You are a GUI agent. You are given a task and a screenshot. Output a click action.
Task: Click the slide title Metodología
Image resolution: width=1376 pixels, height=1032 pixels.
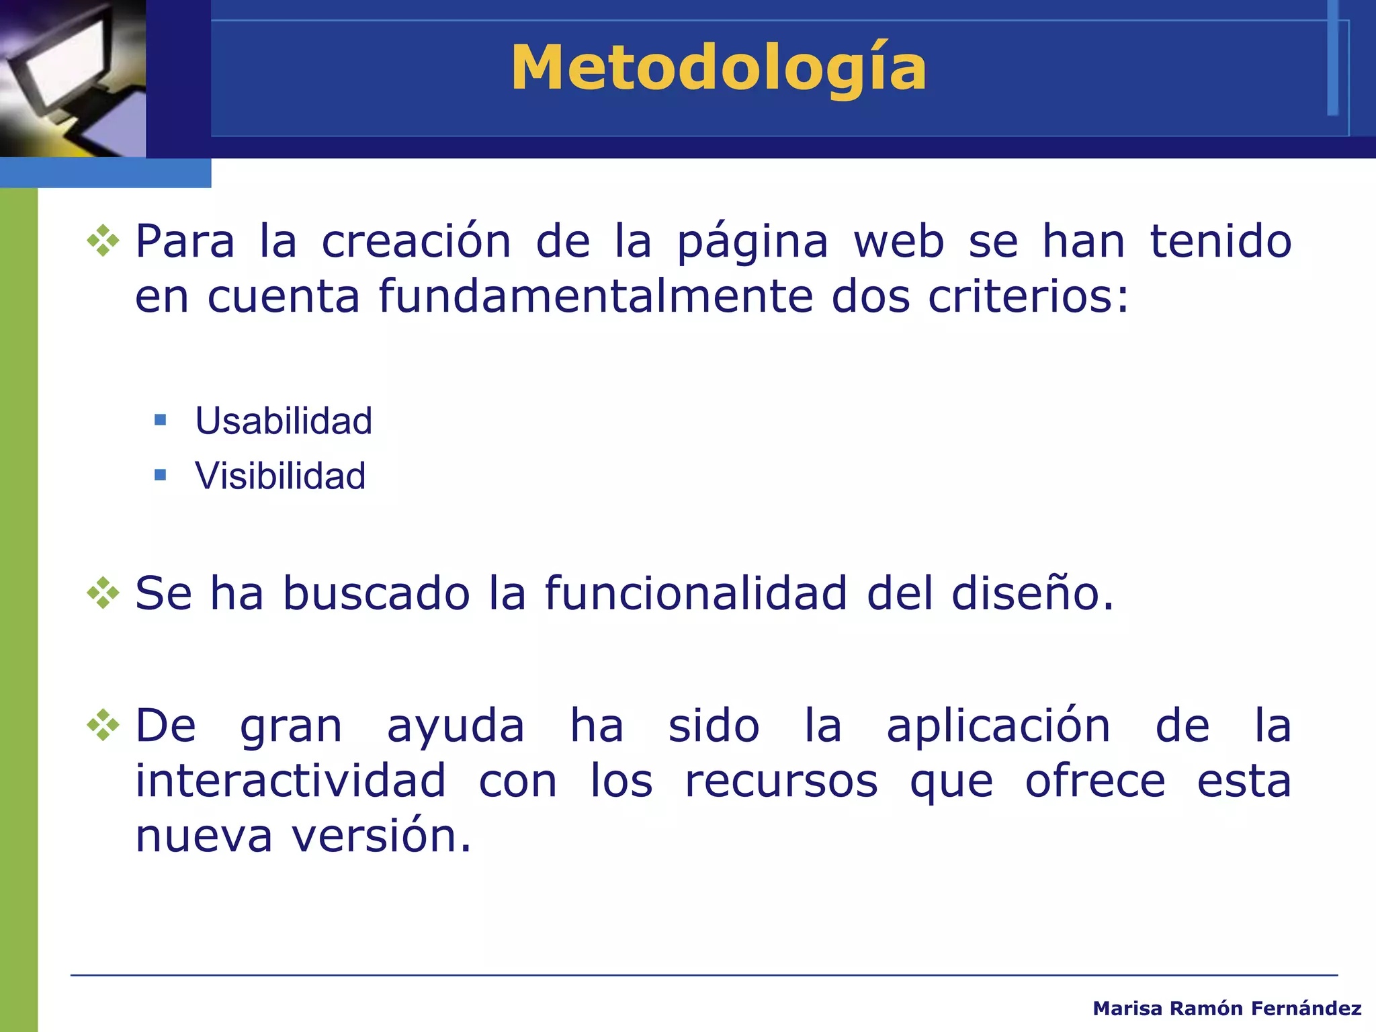718,69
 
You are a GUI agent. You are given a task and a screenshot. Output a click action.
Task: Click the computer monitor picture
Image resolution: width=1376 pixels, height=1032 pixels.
73,78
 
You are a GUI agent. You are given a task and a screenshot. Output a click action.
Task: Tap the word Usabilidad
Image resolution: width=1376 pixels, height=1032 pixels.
284,421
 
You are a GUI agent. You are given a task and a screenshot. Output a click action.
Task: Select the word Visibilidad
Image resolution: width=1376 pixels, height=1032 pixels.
280,476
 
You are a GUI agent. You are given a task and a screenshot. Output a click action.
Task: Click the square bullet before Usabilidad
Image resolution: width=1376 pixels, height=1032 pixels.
160,421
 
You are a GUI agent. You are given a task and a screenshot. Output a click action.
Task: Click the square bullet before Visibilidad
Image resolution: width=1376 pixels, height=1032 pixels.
160,476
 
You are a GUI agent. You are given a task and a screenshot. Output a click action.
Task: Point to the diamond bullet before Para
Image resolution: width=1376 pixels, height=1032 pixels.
103,241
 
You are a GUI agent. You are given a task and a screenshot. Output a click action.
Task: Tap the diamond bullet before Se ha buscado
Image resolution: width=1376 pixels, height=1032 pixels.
103,593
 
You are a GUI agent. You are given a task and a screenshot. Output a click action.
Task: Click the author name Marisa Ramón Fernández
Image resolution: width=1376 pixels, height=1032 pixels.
1227,1008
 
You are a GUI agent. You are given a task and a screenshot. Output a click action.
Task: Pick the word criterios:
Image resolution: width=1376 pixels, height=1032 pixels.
1028,296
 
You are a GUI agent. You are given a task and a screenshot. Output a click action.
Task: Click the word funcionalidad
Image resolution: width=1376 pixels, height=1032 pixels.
696,593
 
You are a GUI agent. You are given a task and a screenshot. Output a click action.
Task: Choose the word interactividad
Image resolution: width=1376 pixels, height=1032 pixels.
291,781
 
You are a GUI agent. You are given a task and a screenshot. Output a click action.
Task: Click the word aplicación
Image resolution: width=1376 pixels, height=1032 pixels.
998,727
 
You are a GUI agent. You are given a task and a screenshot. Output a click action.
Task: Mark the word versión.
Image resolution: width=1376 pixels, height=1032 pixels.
381,836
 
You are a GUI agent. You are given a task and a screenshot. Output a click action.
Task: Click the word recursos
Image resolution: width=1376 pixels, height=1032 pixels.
781,782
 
